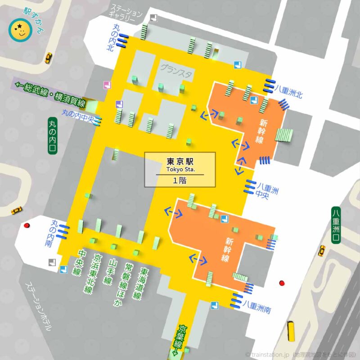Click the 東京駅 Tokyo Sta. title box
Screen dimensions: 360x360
coord(180,170)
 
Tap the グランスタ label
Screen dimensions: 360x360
coord(175,68)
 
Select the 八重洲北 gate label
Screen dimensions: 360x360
coord(289,89)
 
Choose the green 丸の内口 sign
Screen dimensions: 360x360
coord(53,136)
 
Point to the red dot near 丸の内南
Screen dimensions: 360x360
coord(27,225)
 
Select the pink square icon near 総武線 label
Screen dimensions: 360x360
coord(107,85)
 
